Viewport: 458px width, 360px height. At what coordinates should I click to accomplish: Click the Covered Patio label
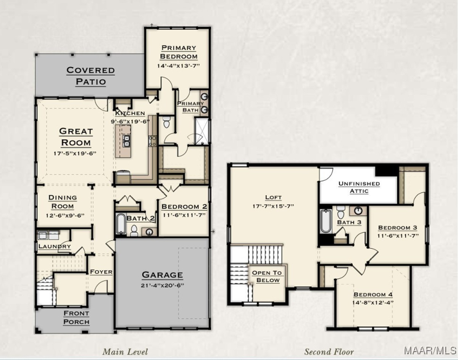click(91, 76)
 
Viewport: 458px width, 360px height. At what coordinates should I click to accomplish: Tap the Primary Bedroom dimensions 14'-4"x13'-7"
click(179, 66)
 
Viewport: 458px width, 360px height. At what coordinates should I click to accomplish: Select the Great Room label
click(76, 137)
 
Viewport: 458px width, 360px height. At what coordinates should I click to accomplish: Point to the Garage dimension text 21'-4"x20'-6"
click(162, 285)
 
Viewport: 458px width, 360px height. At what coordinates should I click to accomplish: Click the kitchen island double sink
click(126, 141)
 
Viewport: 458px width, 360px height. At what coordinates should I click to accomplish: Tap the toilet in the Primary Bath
click(166, 122)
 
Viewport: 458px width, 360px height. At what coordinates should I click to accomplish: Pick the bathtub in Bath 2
click(121, 224)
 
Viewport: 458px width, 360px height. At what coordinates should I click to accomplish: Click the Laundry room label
click(55, 246)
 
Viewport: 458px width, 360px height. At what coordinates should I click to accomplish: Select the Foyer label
click(101, 272)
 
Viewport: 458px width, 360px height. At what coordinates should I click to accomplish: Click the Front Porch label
click(76, 318)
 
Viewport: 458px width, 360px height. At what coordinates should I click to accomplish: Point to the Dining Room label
click(63, 202)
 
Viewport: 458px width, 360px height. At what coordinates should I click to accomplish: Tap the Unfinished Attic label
click(359, 187)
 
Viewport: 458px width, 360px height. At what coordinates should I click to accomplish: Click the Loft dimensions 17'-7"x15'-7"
click(273, 206)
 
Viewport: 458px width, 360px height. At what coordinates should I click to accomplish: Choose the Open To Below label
click(267, 276)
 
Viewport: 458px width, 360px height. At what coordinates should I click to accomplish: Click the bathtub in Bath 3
click(326, 221)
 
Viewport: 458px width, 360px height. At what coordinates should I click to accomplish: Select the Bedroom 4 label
click(373, 294)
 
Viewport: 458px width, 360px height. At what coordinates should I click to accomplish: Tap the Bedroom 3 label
click(398, 228)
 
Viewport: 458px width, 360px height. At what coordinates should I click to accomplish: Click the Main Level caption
click(125, 352)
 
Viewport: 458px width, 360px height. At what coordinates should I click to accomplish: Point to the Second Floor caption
click(329, 352)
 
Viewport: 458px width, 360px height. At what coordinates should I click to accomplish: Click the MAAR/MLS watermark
click(431, 350)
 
